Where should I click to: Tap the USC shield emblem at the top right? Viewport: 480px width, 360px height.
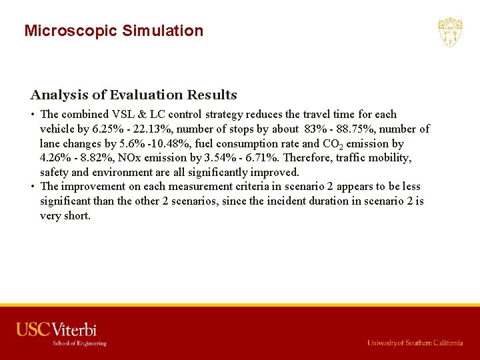pos(450,32)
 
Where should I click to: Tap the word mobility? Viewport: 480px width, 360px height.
pos(388,159)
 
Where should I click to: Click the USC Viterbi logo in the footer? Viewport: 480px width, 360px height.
pos(57,333)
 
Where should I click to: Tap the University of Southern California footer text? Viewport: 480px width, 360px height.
pos(415,343)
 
